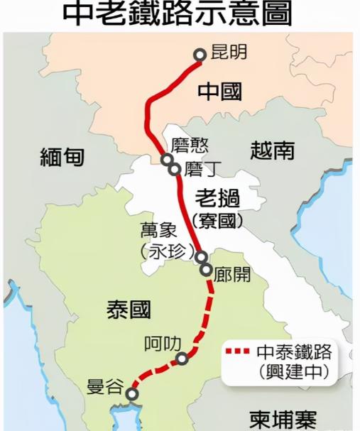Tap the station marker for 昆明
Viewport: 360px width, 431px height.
coord(200,54)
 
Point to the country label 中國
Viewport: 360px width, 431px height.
coord(219,92)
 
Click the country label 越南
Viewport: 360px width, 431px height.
coord(272,150)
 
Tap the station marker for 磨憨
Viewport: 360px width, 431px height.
coord(167,159)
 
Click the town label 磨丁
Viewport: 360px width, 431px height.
coord(199,170)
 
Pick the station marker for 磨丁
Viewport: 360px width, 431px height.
coord(174,169)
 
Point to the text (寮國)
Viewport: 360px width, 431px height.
coord(217,221)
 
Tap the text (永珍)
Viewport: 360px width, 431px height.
coord(163,251)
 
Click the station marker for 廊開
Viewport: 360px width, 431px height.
coord(206,270)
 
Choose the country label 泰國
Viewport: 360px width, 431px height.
coord(129,309)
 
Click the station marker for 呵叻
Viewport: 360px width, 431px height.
coord(183,359)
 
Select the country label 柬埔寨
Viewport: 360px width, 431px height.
coord(283,419)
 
